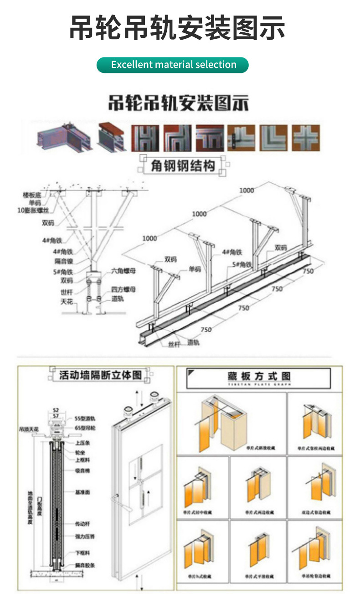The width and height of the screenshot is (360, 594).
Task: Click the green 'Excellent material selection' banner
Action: point(173,65)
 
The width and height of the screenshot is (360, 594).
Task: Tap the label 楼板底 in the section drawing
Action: point(32,195)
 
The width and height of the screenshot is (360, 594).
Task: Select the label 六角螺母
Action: point(124,271)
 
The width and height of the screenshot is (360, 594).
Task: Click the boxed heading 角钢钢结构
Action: point(183,165)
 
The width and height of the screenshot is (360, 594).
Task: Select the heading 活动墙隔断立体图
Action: point(100,375)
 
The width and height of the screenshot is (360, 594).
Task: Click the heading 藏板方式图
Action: point(259,377)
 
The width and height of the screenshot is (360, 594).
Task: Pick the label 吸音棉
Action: point(82,470)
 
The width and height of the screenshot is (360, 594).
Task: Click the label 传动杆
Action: point(82,524)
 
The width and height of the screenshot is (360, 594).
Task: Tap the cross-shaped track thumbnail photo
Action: point(306,138)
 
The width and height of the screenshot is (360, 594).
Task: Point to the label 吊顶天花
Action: point(29,429)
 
